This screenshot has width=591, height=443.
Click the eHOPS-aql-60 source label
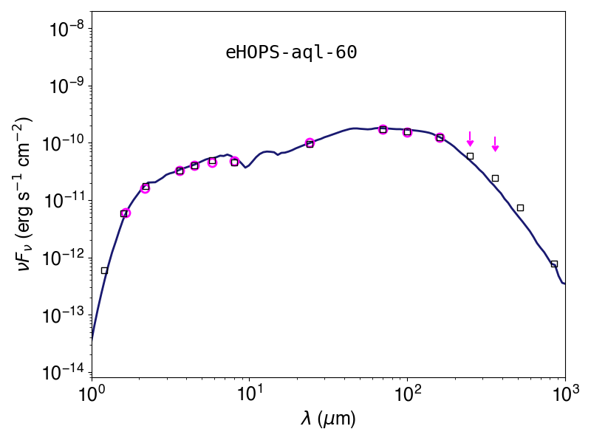pyautogui.click(x=291, y=52)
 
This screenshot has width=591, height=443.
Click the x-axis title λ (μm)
pyautogui.click(x=328, y=419)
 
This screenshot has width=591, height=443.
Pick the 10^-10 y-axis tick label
pyautogui.click(x=65, y=143)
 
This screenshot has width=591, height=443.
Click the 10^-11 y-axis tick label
pyautogui.click(x=65, y=201)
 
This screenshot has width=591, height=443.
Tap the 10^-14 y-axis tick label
pyautogui.click(x=65, y=373)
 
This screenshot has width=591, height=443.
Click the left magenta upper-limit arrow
pyautogui.click(x=470, y=139)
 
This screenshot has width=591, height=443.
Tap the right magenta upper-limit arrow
pyautogui.click(x=495, y=144)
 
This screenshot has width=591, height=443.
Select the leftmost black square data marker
pyautogui.click(x=104, y=270)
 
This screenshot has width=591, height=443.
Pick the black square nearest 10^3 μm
pyautogui.click(x=554, y=264)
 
